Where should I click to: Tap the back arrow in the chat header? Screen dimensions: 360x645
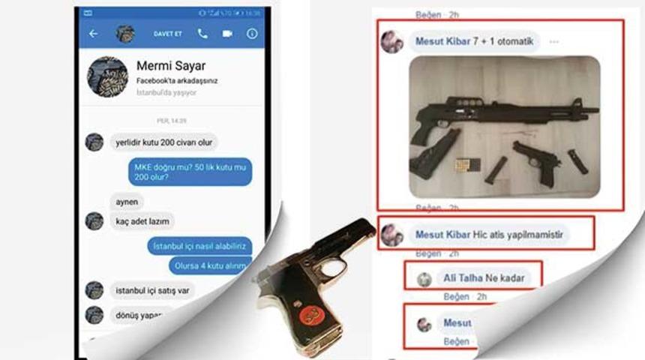pyautogui.click(x=93, y=34)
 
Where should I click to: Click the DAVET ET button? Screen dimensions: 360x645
pyautogui.click(x=168, y=34)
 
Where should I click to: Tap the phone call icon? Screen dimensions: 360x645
pyautogui.click(x=202, y=34)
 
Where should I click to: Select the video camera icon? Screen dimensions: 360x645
pyautogui.click(x=227, y=34)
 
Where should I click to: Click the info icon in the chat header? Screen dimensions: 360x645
pyautogui.click(x=252, y=34)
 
